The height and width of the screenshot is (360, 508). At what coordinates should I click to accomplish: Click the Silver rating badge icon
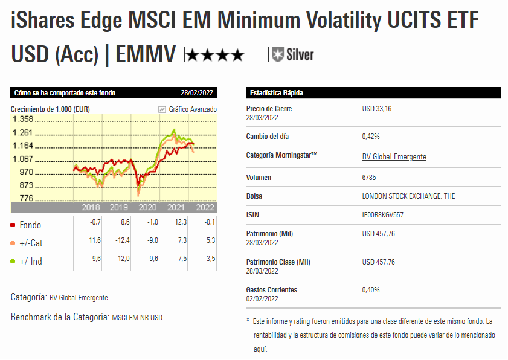pos(278,55)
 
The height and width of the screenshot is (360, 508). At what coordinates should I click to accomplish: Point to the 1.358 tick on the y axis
pos(22,119)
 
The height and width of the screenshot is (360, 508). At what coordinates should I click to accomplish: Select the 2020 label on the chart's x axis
pos(147,207)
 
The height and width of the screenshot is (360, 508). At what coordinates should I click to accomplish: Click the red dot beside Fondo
pos(13,225)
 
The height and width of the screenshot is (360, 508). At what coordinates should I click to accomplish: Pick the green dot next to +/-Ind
pos(13,262)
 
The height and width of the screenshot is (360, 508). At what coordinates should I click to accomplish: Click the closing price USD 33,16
pos(377,109)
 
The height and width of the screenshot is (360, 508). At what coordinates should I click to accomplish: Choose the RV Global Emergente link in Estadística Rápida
pos(394,157)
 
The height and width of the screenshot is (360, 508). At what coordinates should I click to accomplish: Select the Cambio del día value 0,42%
pos(370,137)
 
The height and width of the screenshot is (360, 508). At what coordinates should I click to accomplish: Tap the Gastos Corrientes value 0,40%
pos(370,290)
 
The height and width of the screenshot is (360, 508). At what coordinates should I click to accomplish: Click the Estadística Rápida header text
pos(276,93)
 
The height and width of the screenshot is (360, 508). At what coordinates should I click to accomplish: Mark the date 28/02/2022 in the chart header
pos(198,93)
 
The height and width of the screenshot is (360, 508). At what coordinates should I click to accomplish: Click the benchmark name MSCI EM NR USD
pos(137,317)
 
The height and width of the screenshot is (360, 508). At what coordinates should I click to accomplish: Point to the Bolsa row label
pos(254,196)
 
